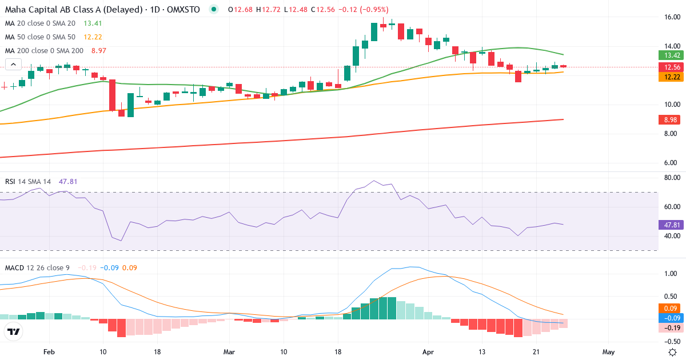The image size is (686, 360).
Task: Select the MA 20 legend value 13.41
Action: [x=93, y=23]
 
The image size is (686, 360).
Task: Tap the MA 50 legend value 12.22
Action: [x=93, y=37]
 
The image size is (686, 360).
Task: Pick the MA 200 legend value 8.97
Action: [x=98, y=51]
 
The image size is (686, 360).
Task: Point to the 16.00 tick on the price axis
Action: [x=672, y=17]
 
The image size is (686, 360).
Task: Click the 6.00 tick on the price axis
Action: [x=672, y=163]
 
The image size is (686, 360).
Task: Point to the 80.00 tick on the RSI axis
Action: [x=672, y=178]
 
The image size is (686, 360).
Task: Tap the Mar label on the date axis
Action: [x=229, y=352]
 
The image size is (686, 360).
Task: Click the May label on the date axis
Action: [x=608, y=352]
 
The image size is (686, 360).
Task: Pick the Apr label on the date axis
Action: [x=427, y=352]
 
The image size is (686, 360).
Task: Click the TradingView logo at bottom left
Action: [x=14, y=331]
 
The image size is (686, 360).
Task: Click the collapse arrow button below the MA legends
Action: [x=13, y=65]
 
